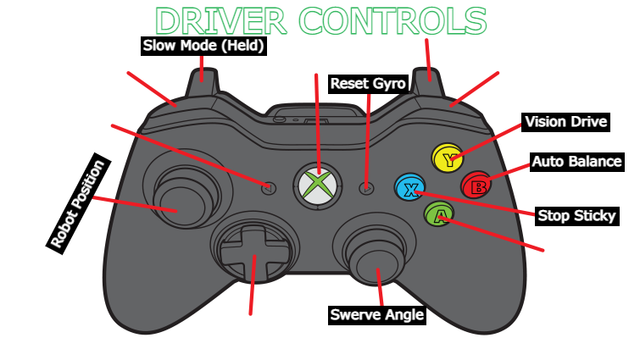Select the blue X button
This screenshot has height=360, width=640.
(409, 188)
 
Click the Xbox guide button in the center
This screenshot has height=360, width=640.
(318, 185)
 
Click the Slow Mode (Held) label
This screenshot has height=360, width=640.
(203, 45)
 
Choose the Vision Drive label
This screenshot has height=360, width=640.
(566, 121)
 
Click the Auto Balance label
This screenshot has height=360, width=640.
(577, 161)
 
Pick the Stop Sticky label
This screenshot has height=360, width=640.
(576, 215)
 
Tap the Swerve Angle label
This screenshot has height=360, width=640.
(376, 315)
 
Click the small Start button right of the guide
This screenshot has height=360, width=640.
(367, 188)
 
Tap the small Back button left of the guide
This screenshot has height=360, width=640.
(269, 187)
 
